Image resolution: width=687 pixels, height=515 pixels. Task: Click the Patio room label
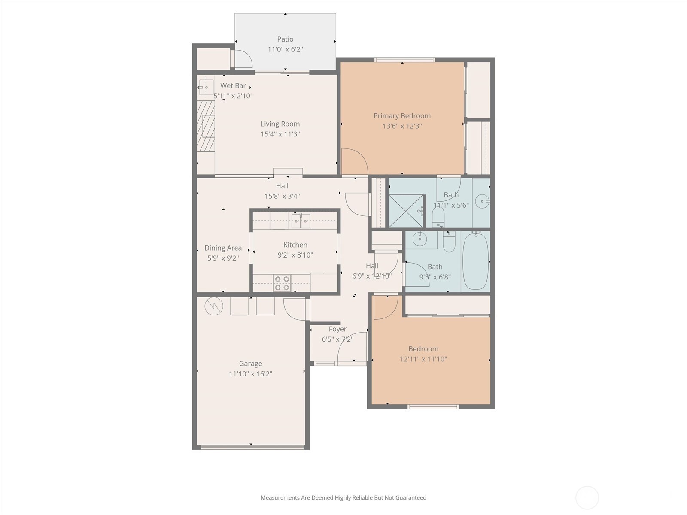pyautogui.click(x=285, y=39)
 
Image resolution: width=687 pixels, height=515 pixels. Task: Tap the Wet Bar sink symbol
pyautogui.click(x=206, y=87)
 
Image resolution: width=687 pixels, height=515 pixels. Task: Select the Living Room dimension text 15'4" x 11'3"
pyautogui.click(x=280, y=134)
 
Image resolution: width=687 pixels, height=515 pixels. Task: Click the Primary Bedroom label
pyautogui.click(x=402, y=116)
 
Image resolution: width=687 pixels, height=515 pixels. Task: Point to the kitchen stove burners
pyautogui.click(x=282, y=284)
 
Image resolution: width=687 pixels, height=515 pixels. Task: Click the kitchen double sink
pyautogui.click(x=301, y=221)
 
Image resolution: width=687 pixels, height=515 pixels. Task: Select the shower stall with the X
pyautogui.click(x=405, y=210)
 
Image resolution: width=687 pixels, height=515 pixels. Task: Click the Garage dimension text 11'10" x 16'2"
pyautogui.click(x=250, y=374)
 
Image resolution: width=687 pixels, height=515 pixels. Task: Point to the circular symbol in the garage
pyautogui.click(x=213, y=306)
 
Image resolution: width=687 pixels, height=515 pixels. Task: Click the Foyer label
pyautogui.click(x=337, y=329)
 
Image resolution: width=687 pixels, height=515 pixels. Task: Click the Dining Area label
pyautogui.click(x=223, y=248)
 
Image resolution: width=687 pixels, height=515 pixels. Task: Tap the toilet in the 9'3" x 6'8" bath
pyautogui.click(x=449, y=243)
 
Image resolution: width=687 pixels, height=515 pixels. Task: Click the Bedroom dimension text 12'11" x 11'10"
pyautogui.click(x=423, y=359)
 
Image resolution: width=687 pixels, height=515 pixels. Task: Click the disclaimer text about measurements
pyautogui.click(x=343, y=498)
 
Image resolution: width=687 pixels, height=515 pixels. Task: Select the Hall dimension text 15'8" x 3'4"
pyautogui.click(x=282, y=197)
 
